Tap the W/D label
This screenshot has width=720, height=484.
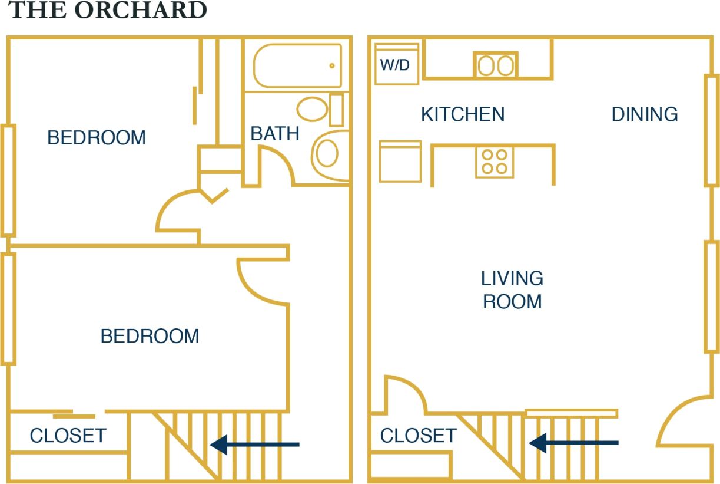tap(394, 65)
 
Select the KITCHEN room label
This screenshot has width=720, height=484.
tap(463, 114)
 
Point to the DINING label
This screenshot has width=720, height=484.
tap(645, 114)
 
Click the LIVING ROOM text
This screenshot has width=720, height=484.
tap(512, 289)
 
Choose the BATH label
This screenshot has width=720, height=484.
tap(275, 134)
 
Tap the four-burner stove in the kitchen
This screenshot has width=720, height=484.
tap(495, 161)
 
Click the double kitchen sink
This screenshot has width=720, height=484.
tap(496, 65)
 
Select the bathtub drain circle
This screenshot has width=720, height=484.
tap(332, 66)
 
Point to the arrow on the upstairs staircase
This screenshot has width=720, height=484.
tap(254, 445)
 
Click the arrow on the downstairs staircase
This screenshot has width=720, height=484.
tap(573, 442)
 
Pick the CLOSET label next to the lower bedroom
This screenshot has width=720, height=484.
tap(68, 436)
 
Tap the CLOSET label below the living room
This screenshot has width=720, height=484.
tap(418, 436)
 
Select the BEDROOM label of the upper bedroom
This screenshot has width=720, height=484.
tap(97, 137)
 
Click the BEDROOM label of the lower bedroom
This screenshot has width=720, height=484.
tap(150, 336)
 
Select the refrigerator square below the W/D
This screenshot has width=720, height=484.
tap(400, 162)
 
